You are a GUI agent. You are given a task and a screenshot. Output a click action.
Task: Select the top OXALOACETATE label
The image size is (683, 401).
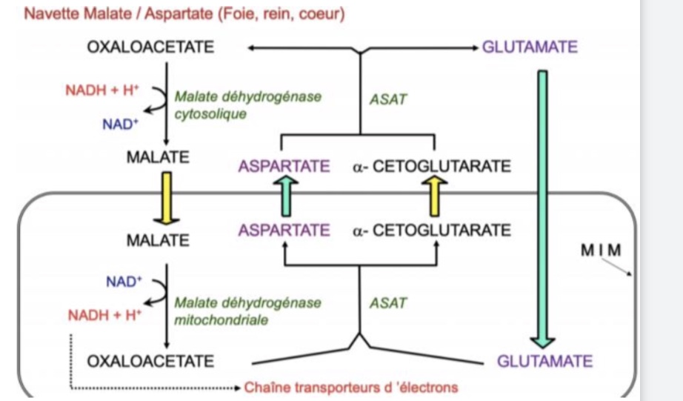coord(150,47)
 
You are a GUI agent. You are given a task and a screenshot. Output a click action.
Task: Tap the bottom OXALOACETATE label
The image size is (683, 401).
coord(150,361)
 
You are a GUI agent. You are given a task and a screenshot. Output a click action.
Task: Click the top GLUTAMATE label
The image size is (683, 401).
coord(530,47)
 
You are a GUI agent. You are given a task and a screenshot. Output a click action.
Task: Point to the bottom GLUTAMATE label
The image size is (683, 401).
coord(544,361)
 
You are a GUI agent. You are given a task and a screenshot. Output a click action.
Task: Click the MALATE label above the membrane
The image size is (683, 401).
coord(157,157)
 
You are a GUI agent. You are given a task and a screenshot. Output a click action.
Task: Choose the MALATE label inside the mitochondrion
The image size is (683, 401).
coord(157,240)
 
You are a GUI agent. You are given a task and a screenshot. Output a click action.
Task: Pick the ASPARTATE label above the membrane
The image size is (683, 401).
coord(284,166)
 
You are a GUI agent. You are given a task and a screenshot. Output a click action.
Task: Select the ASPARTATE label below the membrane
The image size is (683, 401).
coord(284,230)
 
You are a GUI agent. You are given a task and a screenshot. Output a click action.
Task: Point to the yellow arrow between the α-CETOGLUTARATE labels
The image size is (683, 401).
coord(436,198)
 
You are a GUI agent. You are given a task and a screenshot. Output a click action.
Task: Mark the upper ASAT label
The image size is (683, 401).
coord(388,99)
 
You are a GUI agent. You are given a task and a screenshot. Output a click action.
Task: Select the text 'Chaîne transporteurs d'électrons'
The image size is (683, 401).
coord(350,387)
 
